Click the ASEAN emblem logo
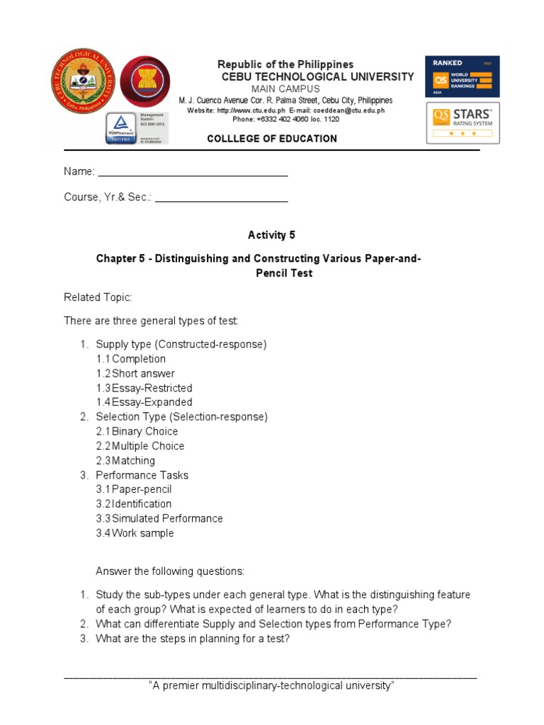145,82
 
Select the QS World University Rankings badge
462,76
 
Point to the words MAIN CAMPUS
285,89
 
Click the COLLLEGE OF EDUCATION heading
272,139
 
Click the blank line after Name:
193,171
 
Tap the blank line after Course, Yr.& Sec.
221,198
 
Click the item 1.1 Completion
131,359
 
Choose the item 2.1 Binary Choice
137,431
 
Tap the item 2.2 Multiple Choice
140,446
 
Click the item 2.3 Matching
125,461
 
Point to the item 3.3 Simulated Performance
159,518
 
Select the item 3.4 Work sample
135,533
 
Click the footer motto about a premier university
271,685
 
